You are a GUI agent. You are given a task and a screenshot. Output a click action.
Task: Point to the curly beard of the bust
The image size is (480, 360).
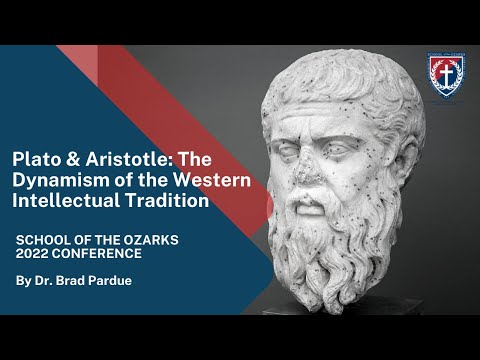(x=330, y=250)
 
